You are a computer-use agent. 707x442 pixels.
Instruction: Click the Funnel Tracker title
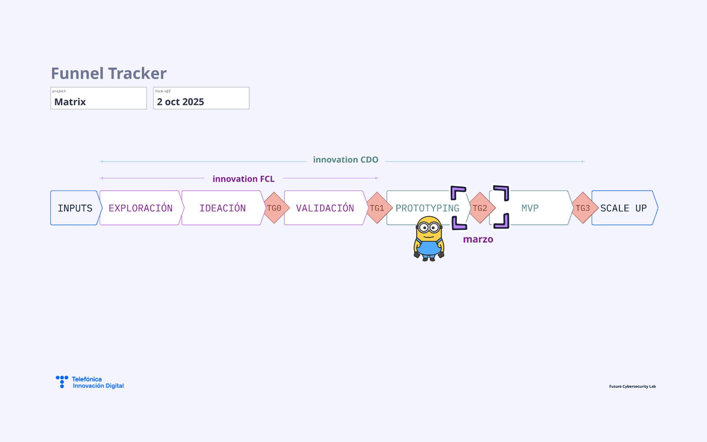click(x=109, y=73)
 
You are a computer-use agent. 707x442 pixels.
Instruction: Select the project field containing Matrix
click(x=99, y=98)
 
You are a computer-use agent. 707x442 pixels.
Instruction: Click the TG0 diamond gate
click(x=274, y=208)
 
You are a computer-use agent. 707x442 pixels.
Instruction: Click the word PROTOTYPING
click(x=427, y=208)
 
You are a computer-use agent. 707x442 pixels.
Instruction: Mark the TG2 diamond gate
click(x=480, y=208)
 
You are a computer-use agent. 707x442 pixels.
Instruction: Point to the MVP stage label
click(x=530, y=208)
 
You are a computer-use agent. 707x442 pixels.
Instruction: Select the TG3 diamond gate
click(x=583, y=208)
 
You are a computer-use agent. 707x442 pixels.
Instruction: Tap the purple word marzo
click(x=478, y=239)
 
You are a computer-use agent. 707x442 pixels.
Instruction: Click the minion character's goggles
click(x=429, y=227)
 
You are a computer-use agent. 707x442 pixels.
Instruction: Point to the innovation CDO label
click(x=346, y=160)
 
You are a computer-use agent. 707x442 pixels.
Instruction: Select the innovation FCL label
click(x=243, y=179)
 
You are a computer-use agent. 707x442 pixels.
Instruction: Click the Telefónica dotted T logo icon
click(x=62, y=382)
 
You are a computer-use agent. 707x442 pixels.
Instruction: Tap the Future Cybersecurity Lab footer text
click(x=632, y=386)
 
